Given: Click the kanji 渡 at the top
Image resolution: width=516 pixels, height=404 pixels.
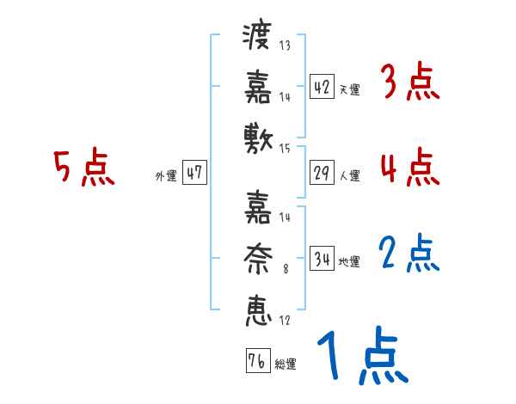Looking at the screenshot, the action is tap(258, 38).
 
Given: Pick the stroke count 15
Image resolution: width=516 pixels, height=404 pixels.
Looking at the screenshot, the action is tap(285, 149).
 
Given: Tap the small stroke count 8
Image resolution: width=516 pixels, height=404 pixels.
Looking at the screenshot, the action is tap(285, 269).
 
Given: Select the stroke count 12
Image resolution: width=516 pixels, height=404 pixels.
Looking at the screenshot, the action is tap(285, 321).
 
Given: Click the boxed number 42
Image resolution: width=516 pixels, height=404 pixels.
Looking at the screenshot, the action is tap(322, 87).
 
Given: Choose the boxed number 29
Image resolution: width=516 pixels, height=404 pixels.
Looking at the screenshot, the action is tap(322, 173).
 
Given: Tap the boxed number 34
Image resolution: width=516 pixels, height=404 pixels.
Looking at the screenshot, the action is tap(322, 259).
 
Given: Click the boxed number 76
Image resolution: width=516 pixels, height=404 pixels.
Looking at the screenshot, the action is tap(256, 361).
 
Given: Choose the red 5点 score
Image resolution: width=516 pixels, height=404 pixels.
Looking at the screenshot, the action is tap(83, 168).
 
